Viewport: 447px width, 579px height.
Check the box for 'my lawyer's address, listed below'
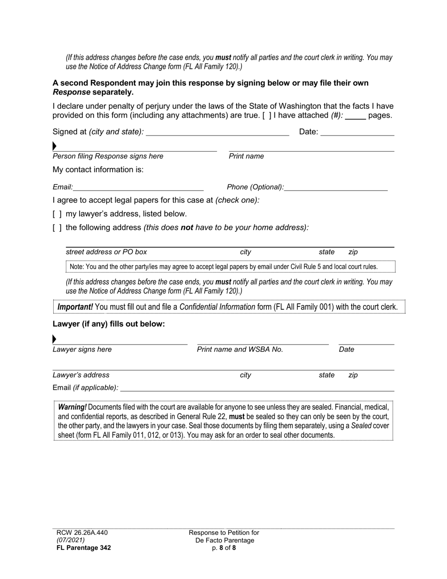pyautogui.click(x=57, y=214)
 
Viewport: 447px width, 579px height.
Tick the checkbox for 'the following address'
pyautogui.click(x=57, y=228)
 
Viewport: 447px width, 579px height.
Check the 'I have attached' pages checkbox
pyautogui.click(x=266, y=115)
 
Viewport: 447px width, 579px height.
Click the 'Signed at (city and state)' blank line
pyautogui.click(x=217, y=132)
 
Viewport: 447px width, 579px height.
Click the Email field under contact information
pyautogui.click(x=138, y=187)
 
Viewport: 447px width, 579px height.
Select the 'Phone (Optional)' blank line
pyautogui.click(x=336, y=187)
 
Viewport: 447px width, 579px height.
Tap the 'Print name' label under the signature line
pyautogui.click(x=246, y=156)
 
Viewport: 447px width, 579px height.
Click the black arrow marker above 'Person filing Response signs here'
pyautogui.click(x=55, y=146)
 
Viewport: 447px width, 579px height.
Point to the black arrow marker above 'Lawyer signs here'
pyautogui.click(x=55, y=339)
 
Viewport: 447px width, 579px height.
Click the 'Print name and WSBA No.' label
pyautogui.click(x=240, y=349)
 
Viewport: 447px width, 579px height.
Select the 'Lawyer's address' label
pyautogui.click(x=81, y=375)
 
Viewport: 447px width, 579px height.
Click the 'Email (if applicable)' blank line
pyautogui.click(x=257, y=388)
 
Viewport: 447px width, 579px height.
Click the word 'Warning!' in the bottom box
pyautogui.click(x=72, y=407)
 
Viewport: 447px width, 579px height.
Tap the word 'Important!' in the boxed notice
pyautogui.click(x=75, y=307)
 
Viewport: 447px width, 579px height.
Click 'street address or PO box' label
pyautogui.click(x=106, y=252)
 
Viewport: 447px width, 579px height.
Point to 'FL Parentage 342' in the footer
pyautogui.click(x=82, y=548)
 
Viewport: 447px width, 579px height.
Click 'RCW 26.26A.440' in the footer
pyautogui.click(x=80, y=533)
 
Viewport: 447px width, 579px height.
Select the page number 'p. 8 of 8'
pyautogui.click(x=224, y=548)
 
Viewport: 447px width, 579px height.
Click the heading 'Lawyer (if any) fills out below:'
pyautogui.click(x=109, y=324)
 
